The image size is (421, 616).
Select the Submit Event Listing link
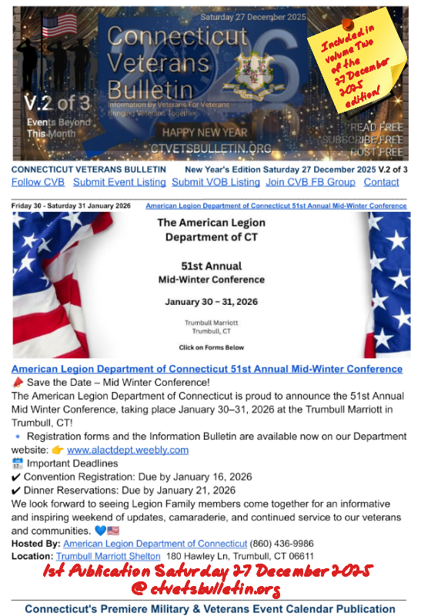coord(119,182)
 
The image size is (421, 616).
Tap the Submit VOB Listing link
coord(216,182)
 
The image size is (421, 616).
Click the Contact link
coord(381,182)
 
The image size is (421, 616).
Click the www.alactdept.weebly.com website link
coord(128,450)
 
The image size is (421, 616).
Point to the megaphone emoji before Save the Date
coord(18,383)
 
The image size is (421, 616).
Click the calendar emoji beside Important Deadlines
coord(18,464)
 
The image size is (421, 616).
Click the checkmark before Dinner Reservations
coord(16,490)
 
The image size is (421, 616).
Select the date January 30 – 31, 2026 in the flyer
coord(210,302)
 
